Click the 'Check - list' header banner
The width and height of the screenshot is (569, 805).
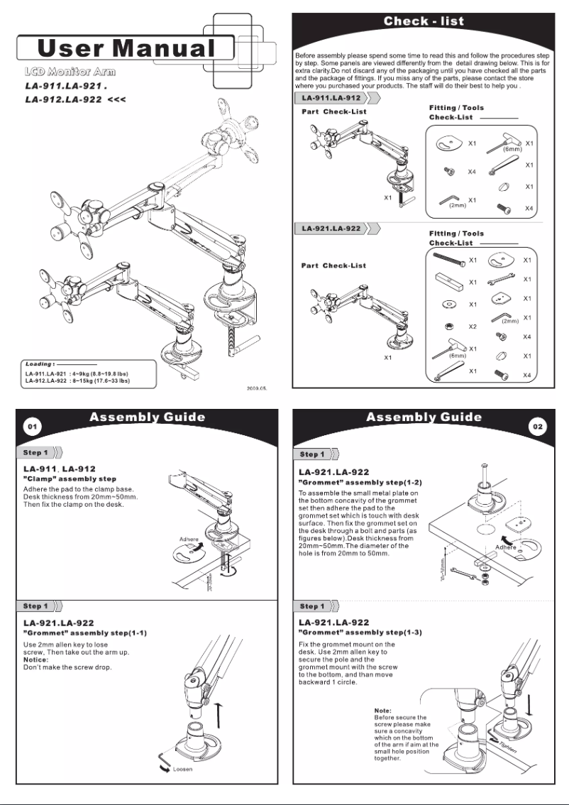[x=424, y=21]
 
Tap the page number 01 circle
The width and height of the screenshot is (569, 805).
[x=31, y=426]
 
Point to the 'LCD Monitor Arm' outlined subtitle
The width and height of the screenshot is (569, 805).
[x=70, y=72]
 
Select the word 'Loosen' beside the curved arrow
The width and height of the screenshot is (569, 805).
[x=184, y=769]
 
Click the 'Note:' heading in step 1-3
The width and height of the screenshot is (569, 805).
[x=383, y=711]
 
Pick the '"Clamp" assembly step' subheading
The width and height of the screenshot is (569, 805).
[x=70, y=479]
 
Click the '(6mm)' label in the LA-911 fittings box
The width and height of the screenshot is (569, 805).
[x=512, y=150]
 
